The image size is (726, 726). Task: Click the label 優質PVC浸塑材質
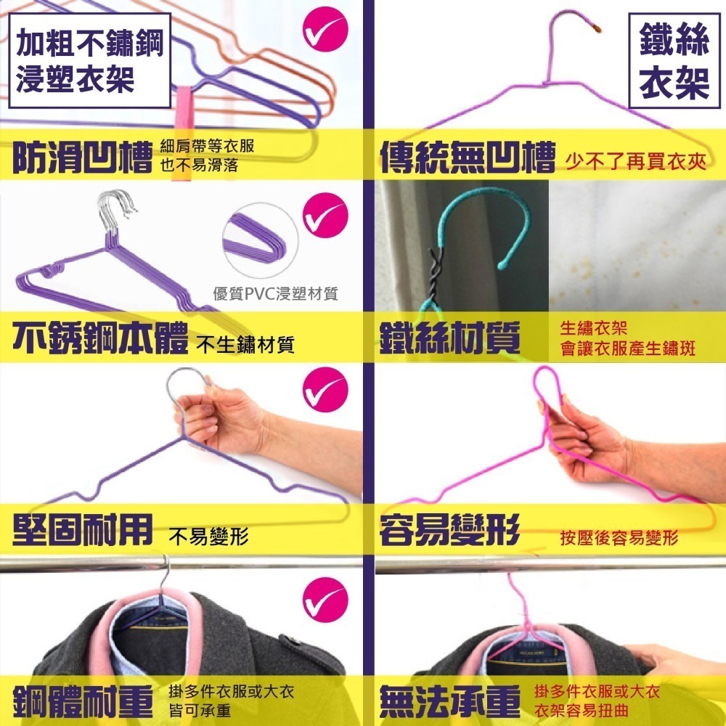click(275, 294)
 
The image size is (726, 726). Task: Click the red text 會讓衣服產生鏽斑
click(627, 348)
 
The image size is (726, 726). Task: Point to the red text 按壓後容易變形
click(619, 538)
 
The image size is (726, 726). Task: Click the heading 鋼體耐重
click(81, 701)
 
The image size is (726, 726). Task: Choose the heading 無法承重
click(450, 701)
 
